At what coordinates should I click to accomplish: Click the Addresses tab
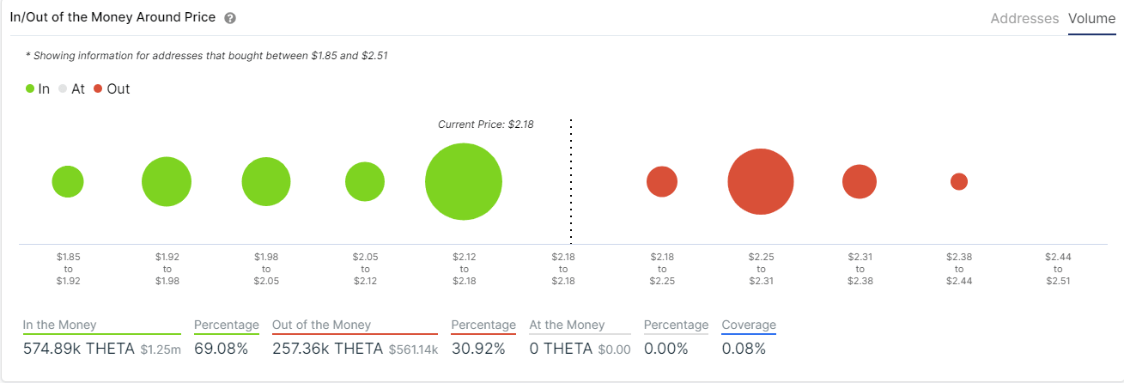[1024, 18]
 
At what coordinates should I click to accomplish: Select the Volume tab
[1091, 18]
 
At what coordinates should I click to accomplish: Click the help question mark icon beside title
[229, 18]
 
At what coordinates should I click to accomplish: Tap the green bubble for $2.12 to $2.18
[464, 182]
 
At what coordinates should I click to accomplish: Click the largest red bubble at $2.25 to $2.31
[761, 182]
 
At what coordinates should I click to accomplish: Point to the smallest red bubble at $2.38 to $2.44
[959, 182]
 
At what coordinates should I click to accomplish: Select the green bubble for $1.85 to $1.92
[68, 182]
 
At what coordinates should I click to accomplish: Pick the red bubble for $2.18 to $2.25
[662, 182]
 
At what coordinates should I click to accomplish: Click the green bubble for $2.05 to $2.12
[365, 182]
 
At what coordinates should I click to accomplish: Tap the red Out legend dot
[98, 88]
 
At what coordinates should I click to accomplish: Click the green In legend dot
[31, 88]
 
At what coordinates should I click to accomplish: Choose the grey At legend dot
[63, 88]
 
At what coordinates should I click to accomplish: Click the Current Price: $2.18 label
[485, 125]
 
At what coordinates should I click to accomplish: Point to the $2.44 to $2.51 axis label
[1058, 268]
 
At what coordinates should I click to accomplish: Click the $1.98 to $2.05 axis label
[266, 268]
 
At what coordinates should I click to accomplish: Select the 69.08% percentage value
[221, 349]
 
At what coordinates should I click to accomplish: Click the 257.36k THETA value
[326, 349]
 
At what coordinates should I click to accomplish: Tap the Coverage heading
[748, 325]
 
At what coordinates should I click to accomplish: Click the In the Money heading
[59, 325]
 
